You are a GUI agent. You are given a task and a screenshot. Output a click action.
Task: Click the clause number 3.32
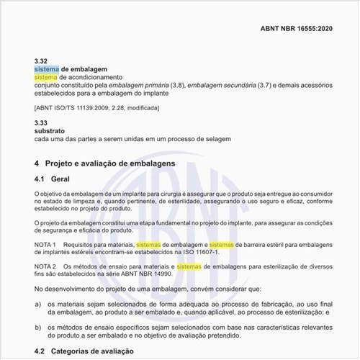coord(41,60)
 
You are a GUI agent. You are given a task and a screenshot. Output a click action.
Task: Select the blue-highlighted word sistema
coord(46,68)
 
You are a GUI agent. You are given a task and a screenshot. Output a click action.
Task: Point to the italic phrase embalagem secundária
coord(220,85)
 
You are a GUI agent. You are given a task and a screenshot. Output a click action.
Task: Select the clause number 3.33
coord(41,124)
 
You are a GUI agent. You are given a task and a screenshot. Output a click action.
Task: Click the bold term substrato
coord(49,132)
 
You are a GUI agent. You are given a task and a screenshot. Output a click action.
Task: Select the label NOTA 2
coord(46,266)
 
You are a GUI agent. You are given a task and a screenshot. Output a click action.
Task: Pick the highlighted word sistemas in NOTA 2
coord(189,266)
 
